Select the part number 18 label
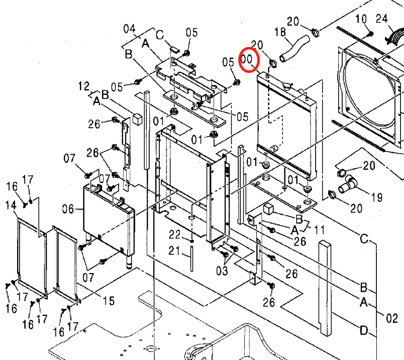tap(279, 33)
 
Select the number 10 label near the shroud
tap(361, 19)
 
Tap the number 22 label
tap(174, 234)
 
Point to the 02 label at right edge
tap(391, 318)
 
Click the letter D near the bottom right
tap(363, 330)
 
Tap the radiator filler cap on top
tap(288, 86)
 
